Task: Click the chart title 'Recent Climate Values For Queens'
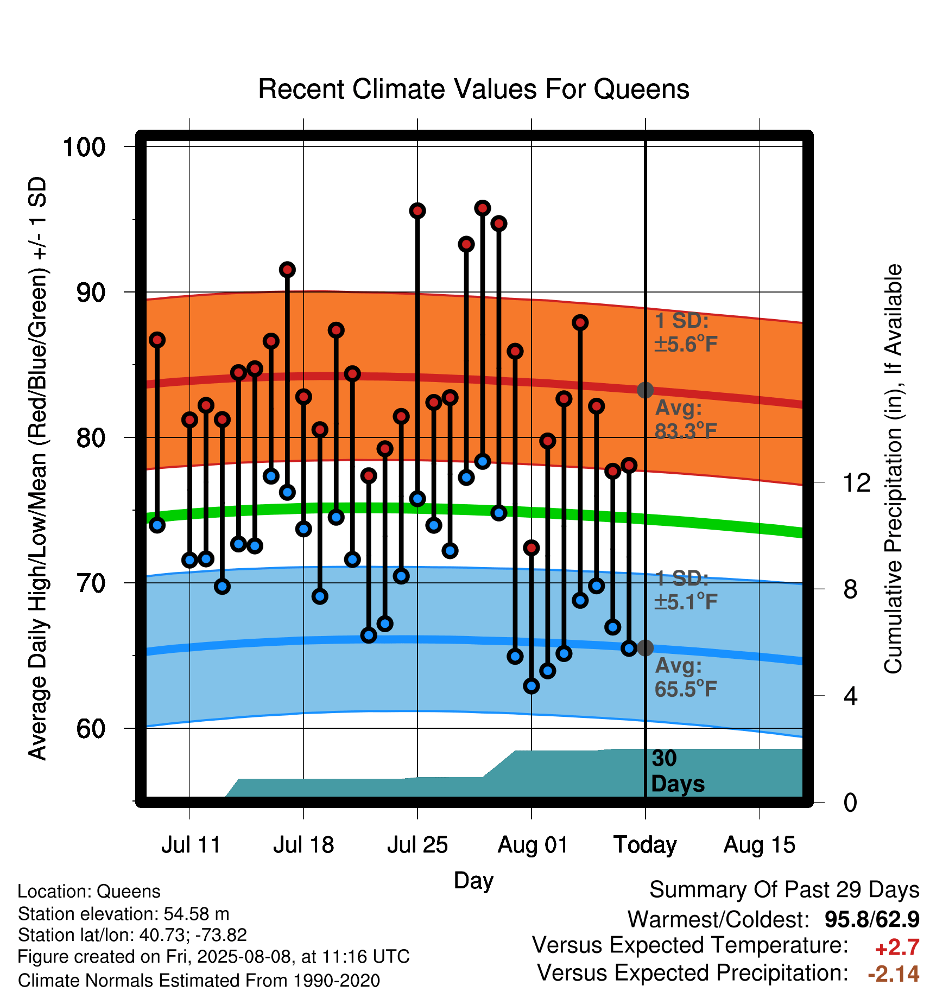473,90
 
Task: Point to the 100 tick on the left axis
84,147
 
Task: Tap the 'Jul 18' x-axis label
303,845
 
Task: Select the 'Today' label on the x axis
645,845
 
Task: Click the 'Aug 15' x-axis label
759,845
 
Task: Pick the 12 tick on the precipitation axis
856,482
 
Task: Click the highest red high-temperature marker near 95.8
483,208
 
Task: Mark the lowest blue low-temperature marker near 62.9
532,686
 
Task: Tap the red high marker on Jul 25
417,211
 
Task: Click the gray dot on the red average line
645,390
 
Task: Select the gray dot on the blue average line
645,647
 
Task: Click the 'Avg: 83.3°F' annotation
686,419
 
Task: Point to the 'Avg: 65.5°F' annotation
686,677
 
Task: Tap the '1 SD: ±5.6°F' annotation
686,332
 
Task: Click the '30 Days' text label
678,771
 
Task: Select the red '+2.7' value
897,948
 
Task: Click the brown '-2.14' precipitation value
894,974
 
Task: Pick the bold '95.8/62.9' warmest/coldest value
872,919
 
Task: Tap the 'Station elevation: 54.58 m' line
124,914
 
